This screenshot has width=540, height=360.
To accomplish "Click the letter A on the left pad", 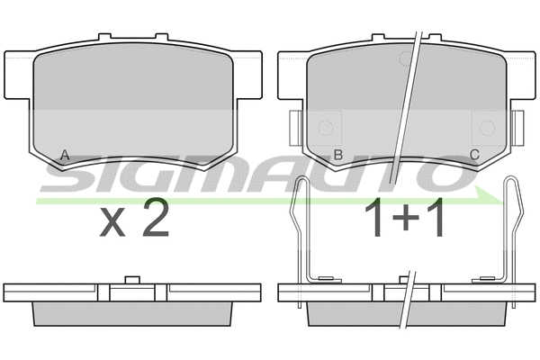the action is pos(65,156).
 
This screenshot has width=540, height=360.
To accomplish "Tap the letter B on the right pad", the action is pos(338,156).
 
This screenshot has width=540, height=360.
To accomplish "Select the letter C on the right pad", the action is pos(475,155).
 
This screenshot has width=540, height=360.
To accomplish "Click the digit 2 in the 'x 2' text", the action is pos(156,218).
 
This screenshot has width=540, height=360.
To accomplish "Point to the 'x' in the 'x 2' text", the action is pos(112,223).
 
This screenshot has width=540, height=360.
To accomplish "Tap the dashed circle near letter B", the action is pos(326,128).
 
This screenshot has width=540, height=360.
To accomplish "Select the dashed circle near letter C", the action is pos(487,128).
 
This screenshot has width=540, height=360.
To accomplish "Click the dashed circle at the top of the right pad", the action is pos(407,58).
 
